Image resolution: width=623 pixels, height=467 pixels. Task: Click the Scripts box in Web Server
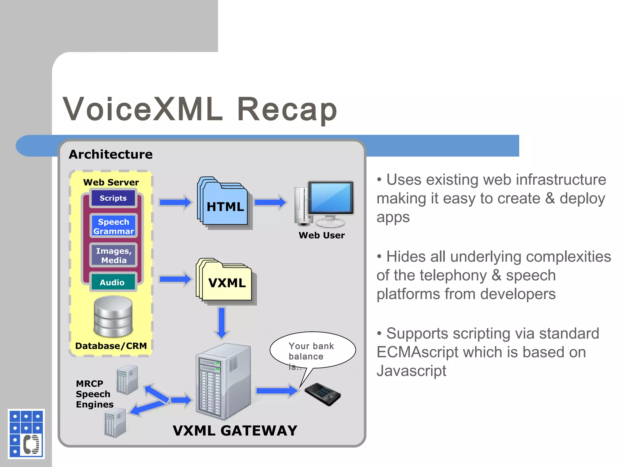(113, 198)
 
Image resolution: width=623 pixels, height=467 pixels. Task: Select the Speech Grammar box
(113, 226)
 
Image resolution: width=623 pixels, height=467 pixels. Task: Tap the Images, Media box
(113, 255)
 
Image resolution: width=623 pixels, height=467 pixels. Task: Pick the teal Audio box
(113, 282)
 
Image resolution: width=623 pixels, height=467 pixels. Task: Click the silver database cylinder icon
(113, 317)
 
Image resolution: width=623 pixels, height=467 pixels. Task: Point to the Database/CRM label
(111, 346)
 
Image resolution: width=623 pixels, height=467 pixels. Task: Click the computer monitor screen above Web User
(331, 198)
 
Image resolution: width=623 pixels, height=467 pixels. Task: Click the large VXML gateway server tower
(223, 382)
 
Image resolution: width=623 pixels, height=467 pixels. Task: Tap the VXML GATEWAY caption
(235, 431)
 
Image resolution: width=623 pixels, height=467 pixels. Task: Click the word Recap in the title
(287, 110)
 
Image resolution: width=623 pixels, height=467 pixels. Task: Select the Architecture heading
(111, 154)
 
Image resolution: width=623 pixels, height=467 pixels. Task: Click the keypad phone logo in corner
(26, 434)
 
